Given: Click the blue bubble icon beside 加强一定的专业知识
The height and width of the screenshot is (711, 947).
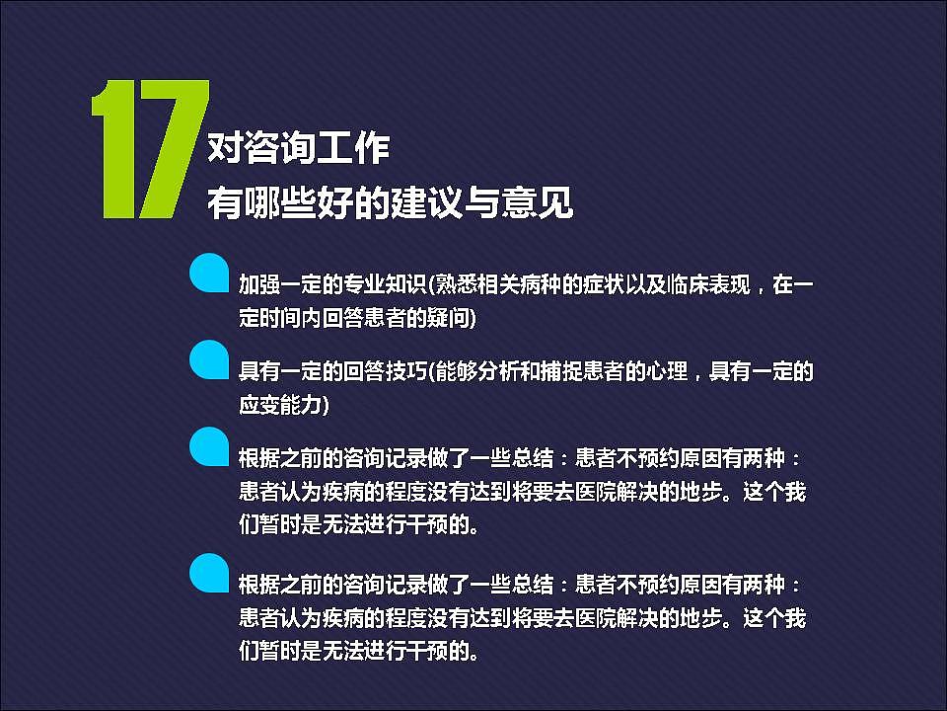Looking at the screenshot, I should point(210,274).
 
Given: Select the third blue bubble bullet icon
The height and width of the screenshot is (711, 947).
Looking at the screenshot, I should point(210,445).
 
